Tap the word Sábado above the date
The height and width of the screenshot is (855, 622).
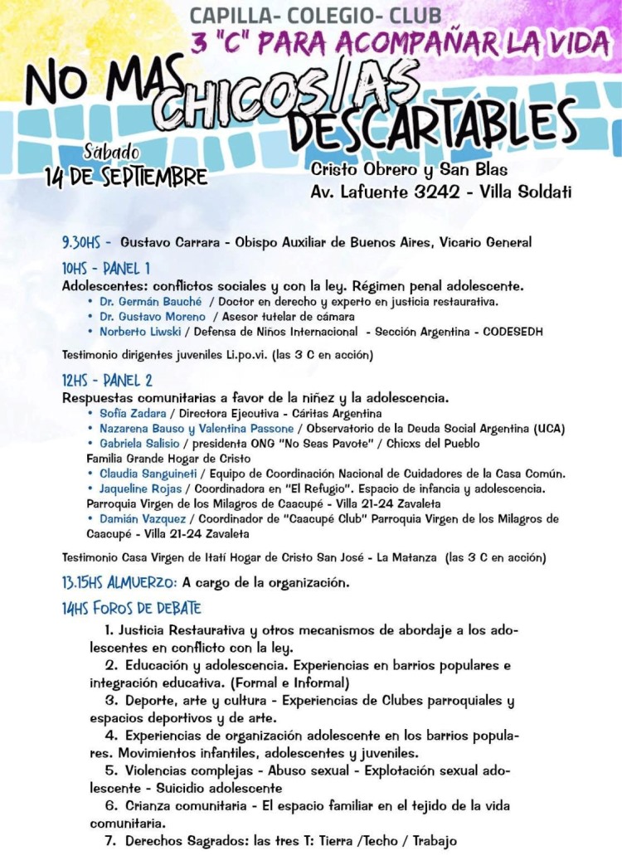(112, 153)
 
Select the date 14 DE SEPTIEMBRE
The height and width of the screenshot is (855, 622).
(126, 176)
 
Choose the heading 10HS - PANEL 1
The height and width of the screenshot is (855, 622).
(106, 269)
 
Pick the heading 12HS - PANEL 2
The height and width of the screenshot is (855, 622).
(107, 381)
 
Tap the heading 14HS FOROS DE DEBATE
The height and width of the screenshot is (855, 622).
(131, 610)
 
